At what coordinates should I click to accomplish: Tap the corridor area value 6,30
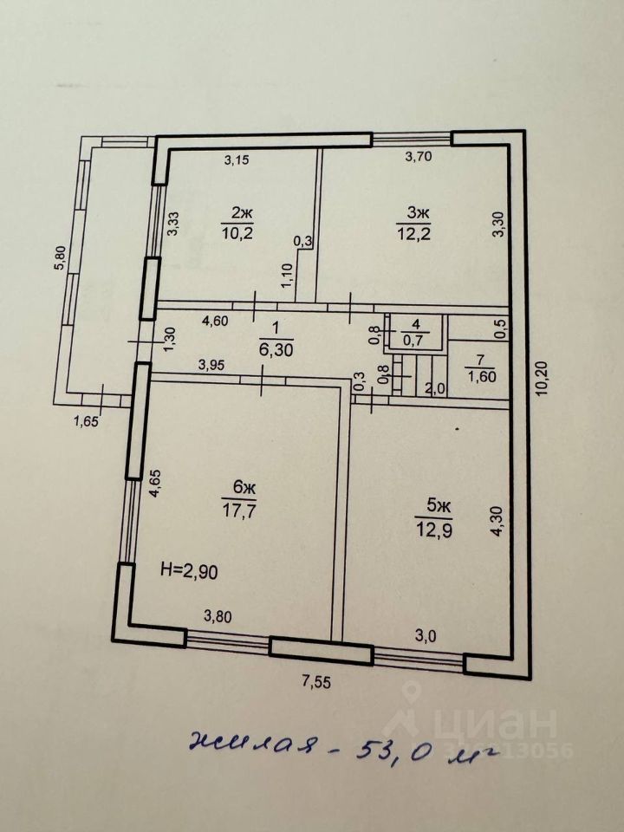[276, 349]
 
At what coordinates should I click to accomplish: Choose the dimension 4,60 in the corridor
[217, 321]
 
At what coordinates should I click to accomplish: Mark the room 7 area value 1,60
[478, 376]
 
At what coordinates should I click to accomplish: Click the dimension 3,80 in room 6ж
[218, 617]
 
